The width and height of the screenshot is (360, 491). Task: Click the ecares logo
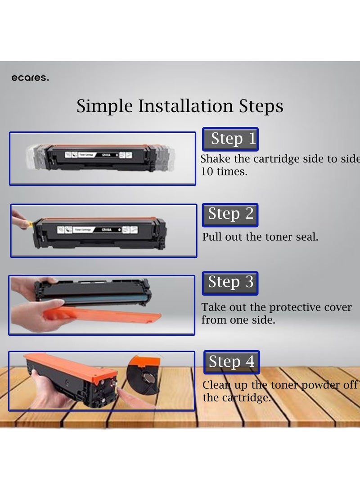point(30,78)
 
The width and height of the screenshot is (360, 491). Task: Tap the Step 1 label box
point(230,139)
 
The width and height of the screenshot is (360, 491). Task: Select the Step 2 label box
point(230,215)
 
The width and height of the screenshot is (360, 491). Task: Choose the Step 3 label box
point(230,283)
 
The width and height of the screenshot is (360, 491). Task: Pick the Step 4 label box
point(231,362)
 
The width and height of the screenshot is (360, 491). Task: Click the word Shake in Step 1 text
point(215,159)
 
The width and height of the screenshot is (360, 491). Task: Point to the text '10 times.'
point(224,171)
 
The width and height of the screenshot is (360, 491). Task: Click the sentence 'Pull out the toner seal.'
point(260,237)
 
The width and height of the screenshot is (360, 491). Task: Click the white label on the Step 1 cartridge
point(97,154)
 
